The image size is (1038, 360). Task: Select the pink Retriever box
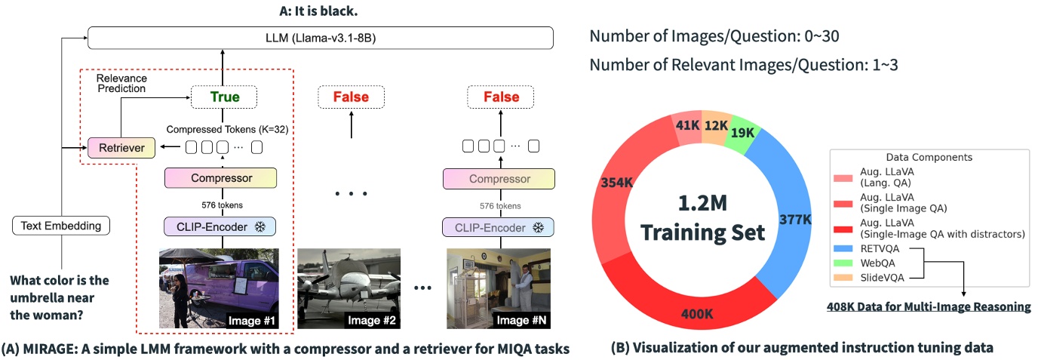[x=121, y=147]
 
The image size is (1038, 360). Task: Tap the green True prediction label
[x=224, y=97]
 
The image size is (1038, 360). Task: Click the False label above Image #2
[x=351, y=97]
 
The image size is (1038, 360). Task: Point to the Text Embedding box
[x=61, y=225]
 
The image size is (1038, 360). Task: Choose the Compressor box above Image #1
[x=220, y=179]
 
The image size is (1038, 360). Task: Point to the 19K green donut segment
[x=744, y=134]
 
